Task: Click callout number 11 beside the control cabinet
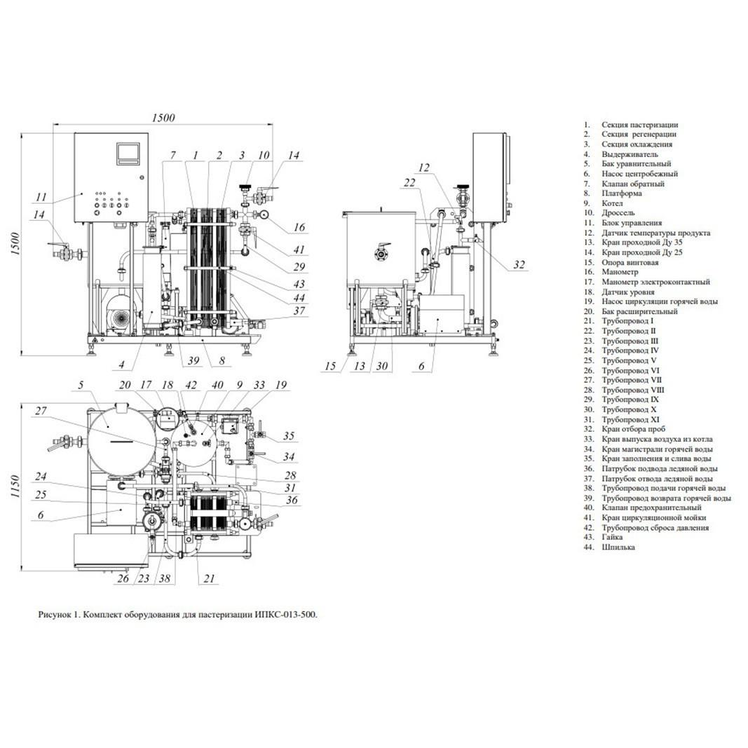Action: (x=41, y=196)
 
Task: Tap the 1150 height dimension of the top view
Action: (x=15, y=487)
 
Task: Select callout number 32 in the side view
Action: (x=519, y=265)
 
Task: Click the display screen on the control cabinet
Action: (x=128, y=153)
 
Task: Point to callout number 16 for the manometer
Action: (x=299, y=227)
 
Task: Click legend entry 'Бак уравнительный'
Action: (x=637, y=164)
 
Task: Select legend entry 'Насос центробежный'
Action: (x=640, y=174)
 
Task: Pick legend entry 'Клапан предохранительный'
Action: (x=652, y=508)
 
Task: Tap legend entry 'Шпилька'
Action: (x=618, y=548)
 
